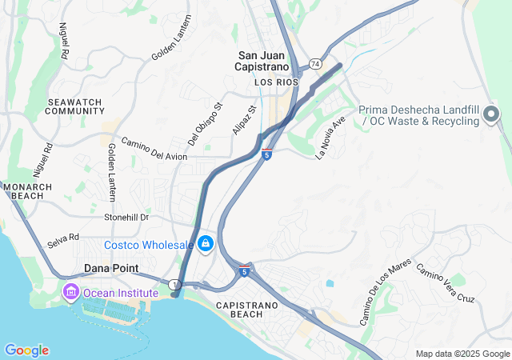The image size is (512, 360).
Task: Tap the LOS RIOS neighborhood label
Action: coord(275,82)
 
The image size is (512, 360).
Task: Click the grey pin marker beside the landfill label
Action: coord(492,118)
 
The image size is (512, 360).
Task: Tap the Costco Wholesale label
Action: coord(149,244)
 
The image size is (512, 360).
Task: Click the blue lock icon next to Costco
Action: coord(205,242)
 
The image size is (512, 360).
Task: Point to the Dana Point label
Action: coord(112,269)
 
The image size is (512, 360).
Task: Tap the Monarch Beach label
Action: coord(28,192)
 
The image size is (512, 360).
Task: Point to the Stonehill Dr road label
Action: coord(127,217)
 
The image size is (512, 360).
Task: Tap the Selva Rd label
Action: coord(63,238)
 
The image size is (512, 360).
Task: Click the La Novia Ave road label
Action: coord(329,138)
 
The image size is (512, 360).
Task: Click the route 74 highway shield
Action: coord(315,63)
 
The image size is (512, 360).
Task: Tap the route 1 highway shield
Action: coord(172,284)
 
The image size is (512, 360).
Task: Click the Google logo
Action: coord(26,350)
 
